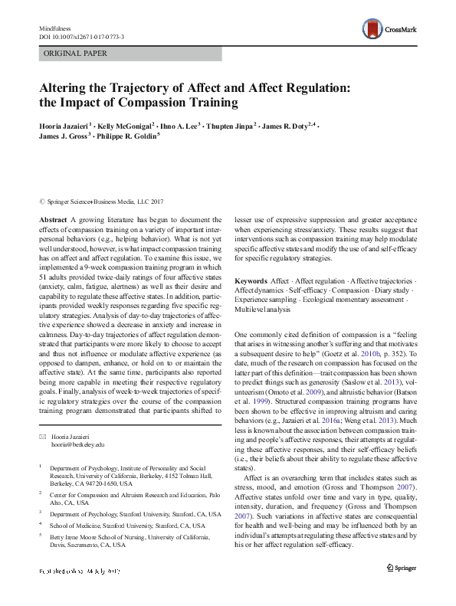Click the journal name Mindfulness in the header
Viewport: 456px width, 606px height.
tap(54, 28)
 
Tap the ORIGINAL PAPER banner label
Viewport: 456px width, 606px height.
tap(74, 54)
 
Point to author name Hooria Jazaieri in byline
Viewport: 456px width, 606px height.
tap(66, 124)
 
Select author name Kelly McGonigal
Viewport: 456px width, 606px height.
tap(127, 124)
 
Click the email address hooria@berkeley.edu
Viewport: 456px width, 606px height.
tap(77, 443)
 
